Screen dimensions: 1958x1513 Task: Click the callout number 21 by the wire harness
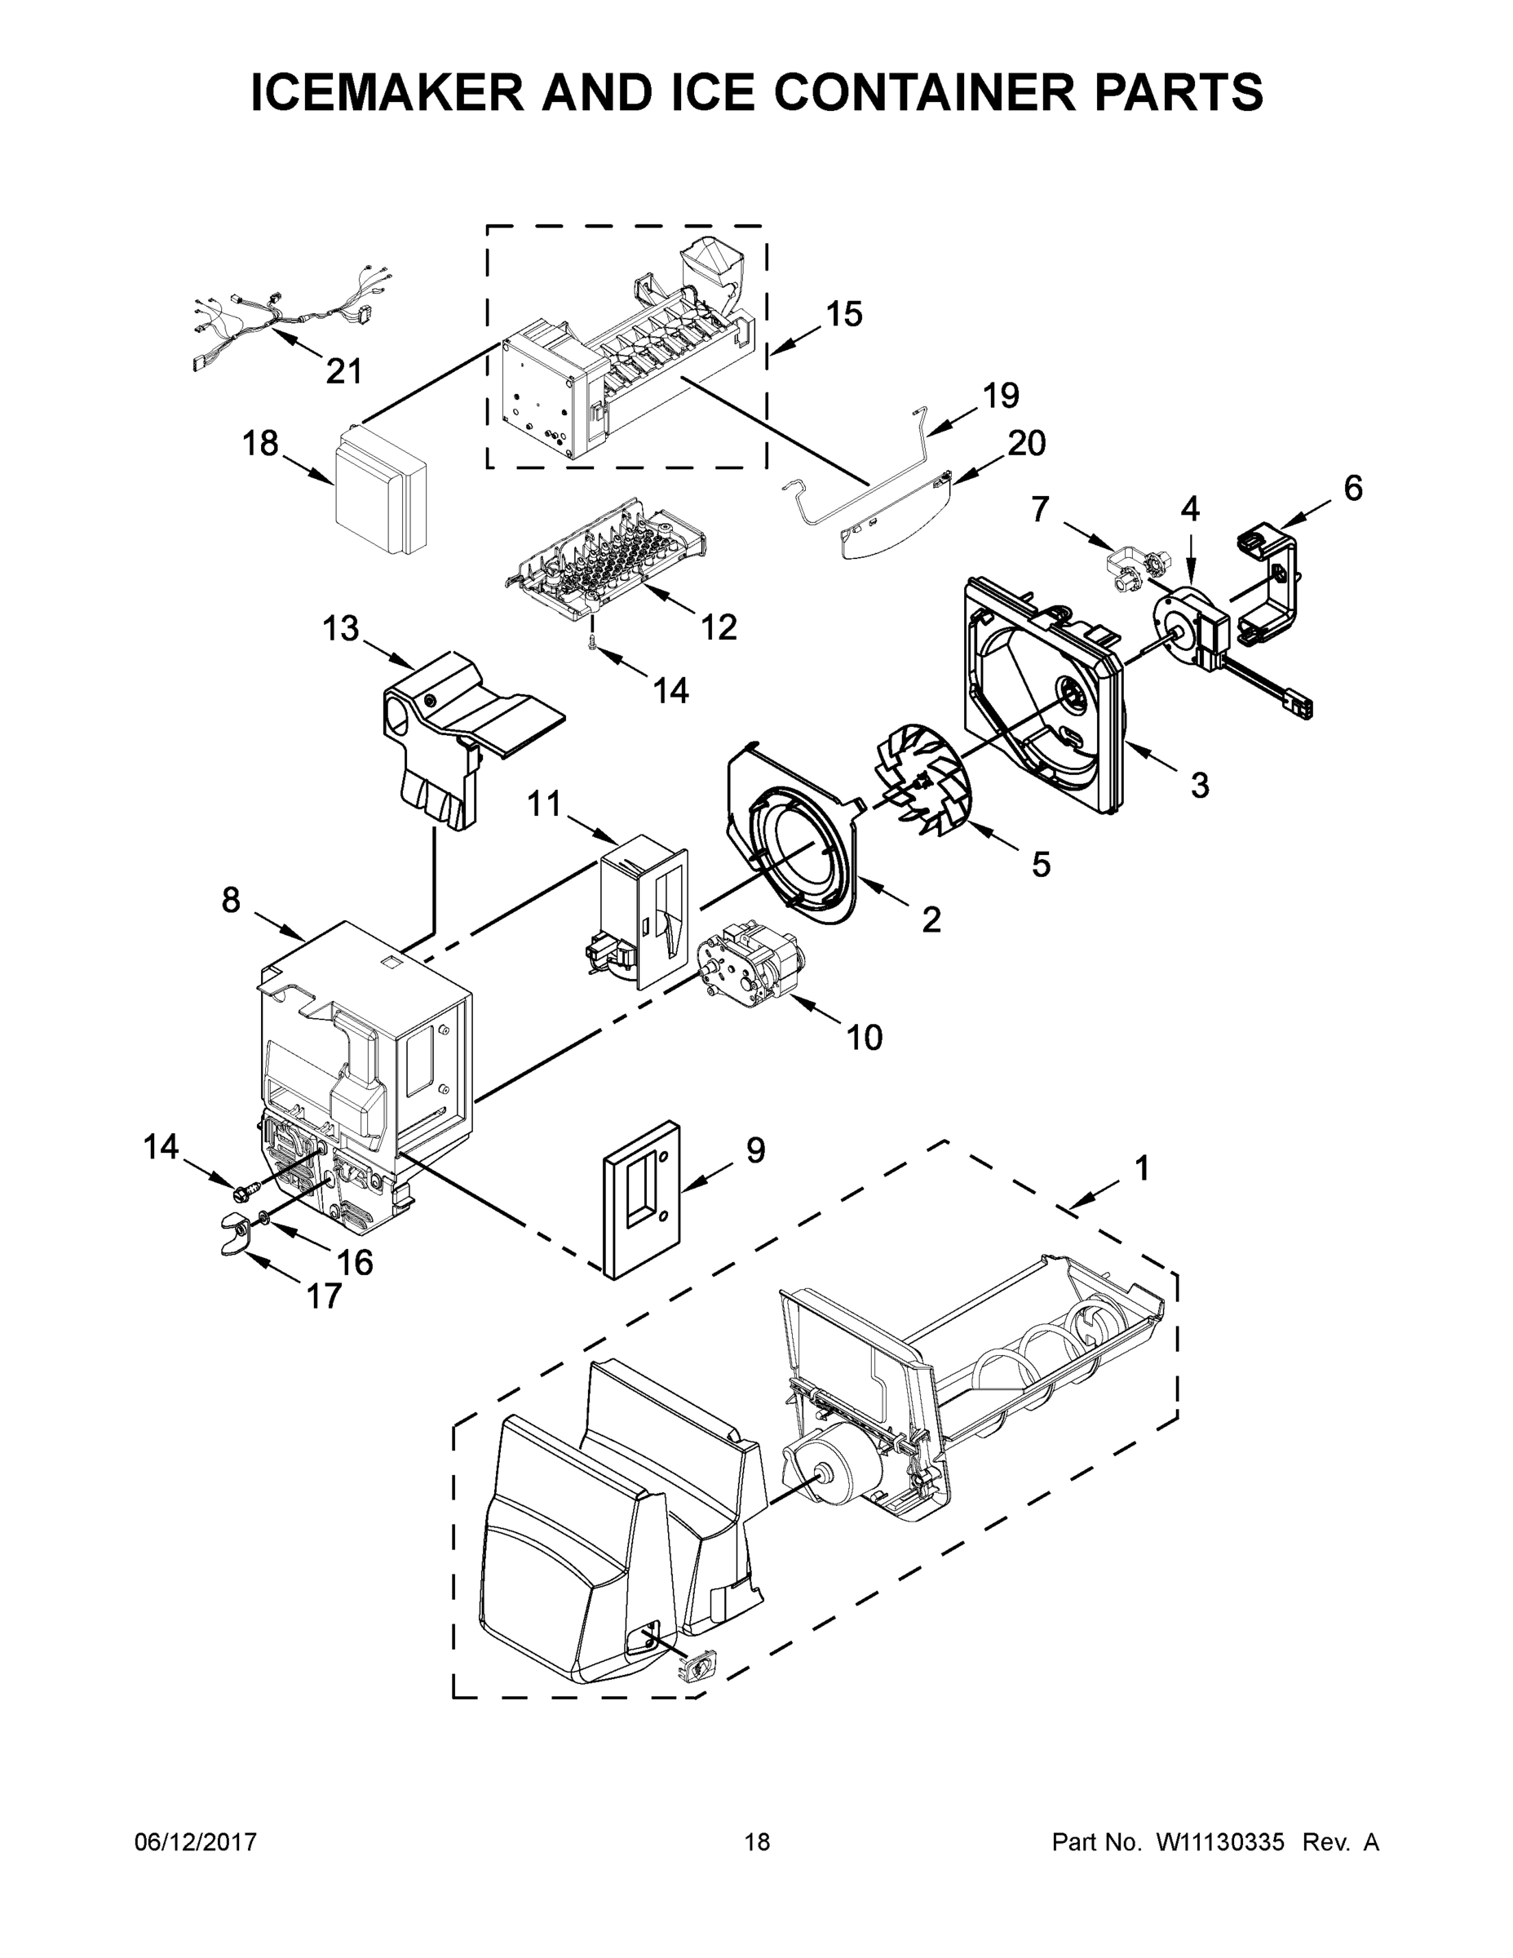343,370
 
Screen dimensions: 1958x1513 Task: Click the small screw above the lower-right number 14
592,644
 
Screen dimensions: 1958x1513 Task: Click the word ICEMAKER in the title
387,93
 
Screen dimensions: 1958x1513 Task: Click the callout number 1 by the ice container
1141,1168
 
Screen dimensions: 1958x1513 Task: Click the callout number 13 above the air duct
341,628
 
